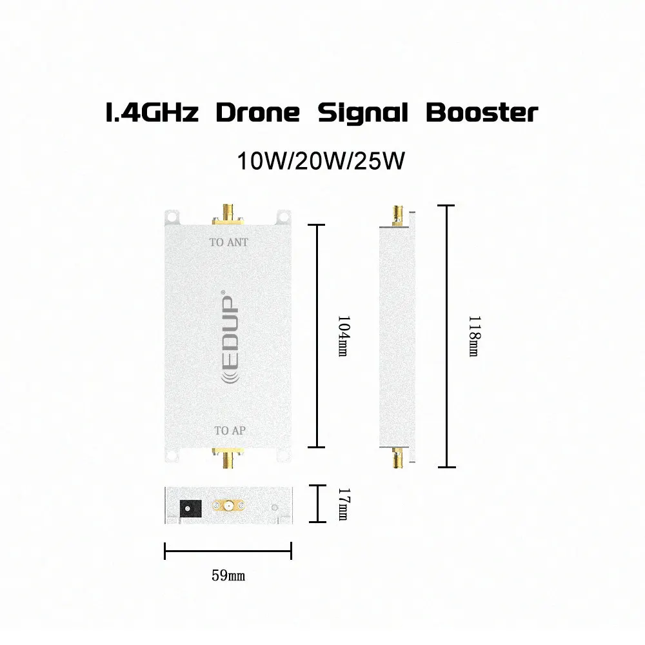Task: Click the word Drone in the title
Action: point(258,113)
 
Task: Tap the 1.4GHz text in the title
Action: point(152,113)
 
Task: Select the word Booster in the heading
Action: point(482,113)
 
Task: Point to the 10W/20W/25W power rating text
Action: point(321,161)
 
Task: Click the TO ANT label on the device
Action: point(229,243)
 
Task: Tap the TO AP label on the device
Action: point(230,431)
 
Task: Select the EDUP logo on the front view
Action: point(230,337)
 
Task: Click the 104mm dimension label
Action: point(344,336)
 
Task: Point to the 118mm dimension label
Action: point(474,336)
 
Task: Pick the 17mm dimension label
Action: point(344,504)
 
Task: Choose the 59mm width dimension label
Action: point(228,575)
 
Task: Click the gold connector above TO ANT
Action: point(228,214)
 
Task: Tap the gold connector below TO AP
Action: point(228,458)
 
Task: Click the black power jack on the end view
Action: point(190,508)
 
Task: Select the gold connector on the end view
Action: point(228,505)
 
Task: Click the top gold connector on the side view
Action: point(398,215)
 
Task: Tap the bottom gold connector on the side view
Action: point(397,458)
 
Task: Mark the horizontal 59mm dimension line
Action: point(228,551)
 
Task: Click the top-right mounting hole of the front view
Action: point(283,216)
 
